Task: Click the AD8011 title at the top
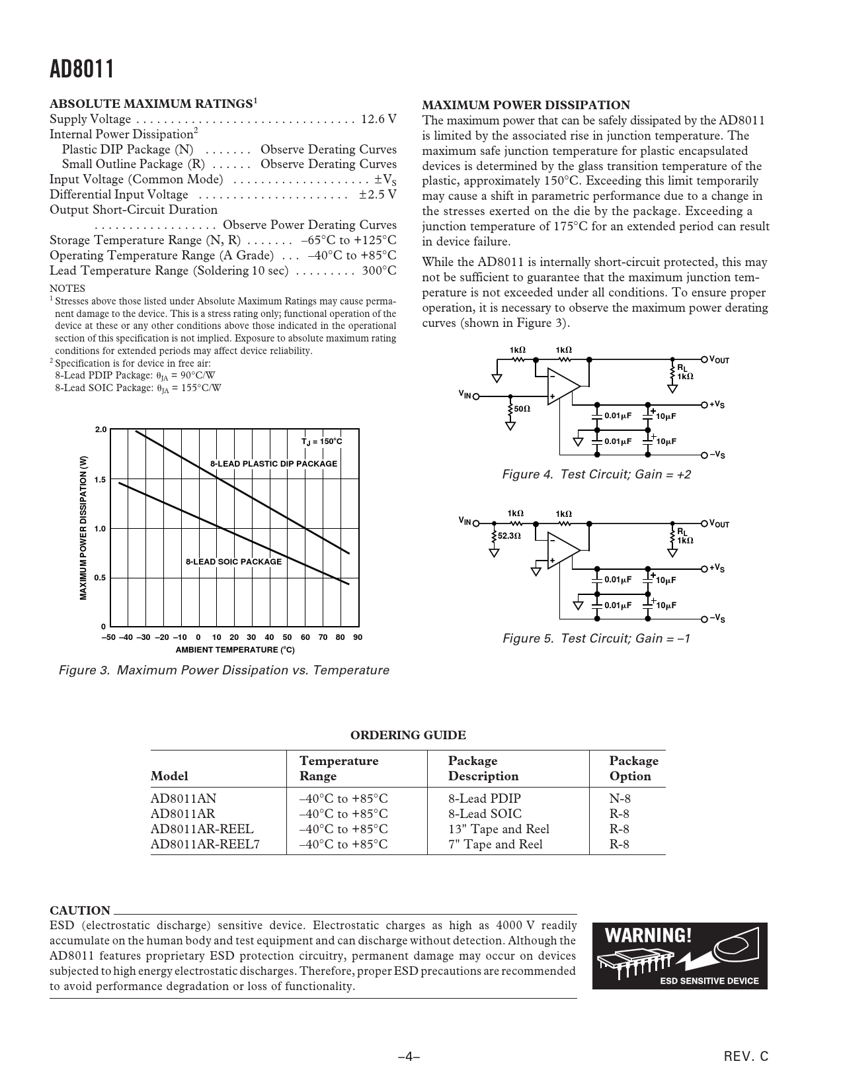click(82, 69)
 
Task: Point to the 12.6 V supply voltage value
click(379, 119)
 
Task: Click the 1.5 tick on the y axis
click(100, 480)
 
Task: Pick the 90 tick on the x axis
click(358, 637)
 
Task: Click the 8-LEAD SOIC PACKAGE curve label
click(233, 562)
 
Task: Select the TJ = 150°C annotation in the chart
click(321, 441)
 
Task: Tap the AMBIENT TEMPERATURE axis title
click(235, 650)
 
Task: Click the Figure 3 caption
click(224, 670)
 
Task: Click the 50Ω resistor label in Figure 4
click(522, 409)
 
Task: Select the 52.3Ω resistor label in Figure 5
click(509, 536)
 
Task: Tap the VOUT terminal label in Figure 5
click(719, 524)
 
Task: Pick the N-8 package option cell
click(620, 799)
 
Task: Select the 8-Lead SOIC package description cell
click(485, 814)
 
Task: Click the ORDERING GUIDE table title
click(408, 735)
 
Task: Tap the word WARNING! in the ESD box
click(649, 936)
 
